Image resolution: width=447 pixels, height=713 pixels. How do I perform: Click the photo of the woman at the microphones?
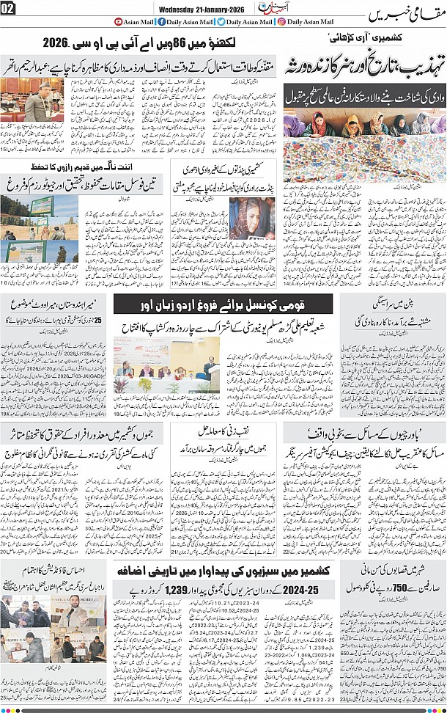point(251,218)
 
